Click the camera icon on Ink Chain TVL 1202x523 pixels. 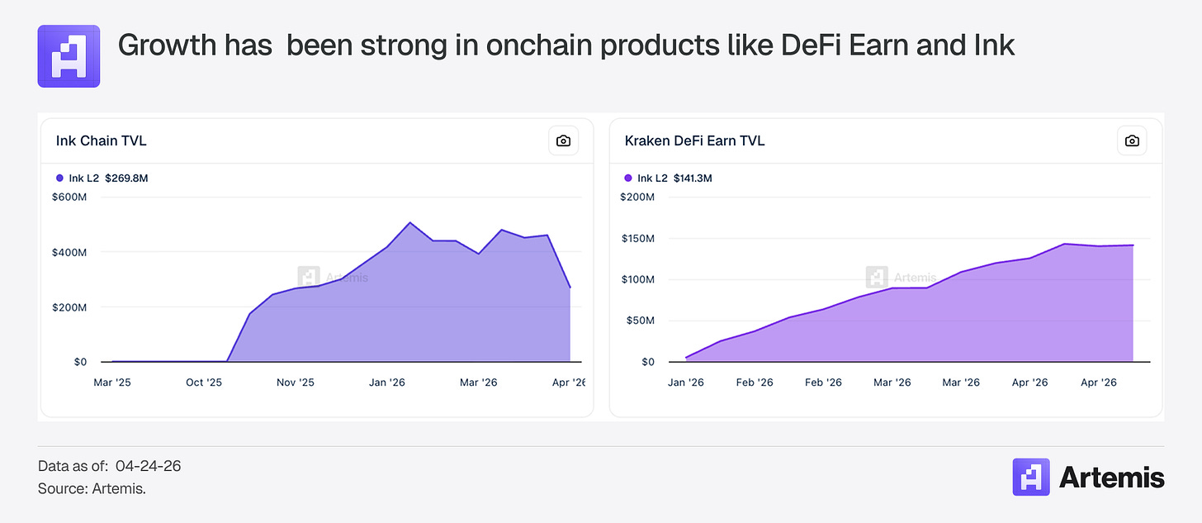pos(563,140)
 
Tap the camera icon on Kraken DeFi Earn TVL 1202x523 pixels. pos(1132,140)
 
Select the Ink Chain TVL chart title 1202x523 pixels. pos(102,140)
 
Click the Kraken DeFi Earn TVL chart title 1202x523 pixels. pos(694,140)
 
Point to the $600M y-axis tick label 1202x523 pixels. pos(69,197)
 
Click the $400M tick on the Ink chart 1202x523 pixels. pos(69,252)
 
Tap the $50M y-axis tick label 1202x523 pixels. pos(640,321)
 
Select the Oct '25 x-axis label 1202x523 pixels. pos(204,383)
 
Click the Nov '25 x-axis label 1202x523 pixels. pos(296,383)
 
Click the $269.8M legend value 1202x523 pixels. pos(126,178)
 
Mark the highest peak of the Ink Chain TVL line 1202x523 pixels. pos(410,223)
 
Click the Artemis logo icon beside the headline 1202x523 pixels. pos(69,56)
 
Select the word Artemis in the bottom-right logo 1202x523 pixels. pos(1111,478)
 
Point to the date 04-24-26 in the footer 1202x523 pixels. pos(149,466)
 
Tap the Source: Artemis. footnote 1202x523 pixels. pos(92,489)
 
